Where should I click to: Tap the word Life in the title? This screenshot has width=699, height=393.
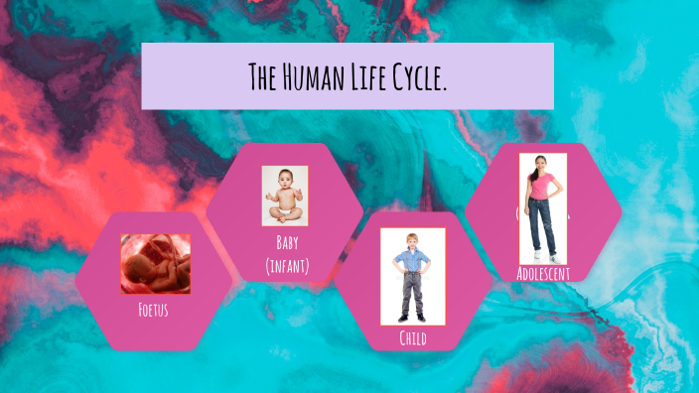(374, 76)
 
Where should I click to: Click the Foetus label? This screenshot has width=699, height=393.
(154, 310)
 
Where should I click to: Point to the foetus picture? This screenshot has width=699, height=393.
(156, 264)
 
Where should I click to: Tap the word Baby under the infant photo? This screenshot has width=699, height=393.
(288, 243)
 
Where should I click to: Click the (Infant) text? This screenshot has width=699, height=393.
(288, 265)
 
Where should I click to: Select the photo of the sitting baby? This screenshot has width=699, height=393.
(285, 196)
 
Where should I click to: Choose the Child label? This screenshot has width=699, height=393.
(413, 339)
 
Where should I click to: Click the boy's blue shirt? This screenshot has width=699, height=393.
(413, 260)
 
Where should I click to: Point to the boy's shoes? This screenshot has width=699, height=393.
(413, 318)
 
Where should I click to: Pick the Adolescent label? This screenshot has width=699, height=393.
(543, 272)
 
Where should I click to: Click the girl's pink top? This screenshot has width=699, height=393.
(541, 186)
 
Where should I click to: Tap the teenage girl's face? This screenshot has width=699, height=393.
(541, 162)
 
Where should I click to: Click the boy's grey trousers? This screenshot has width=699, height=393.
(413, 293)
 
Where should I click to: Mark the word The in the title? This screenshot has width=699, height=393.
(262, 76)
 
